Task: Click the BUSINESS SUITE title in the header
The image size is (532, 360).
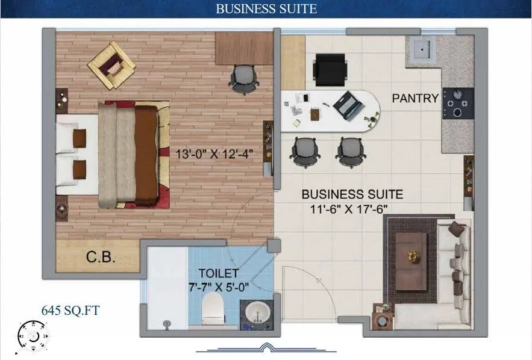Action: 266,9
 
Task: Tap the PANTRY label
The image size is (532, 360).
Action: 415,98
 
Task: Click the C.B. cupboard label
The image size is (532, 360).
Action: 101,258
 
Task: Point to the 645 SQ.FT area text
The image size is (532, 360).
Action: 70,311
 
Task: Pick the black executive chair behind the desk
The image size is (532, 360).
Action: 330,69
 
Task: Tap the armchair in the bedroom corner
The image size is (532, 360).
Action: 111,64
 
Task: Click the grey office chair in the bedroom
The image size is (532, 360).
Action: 244,78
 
